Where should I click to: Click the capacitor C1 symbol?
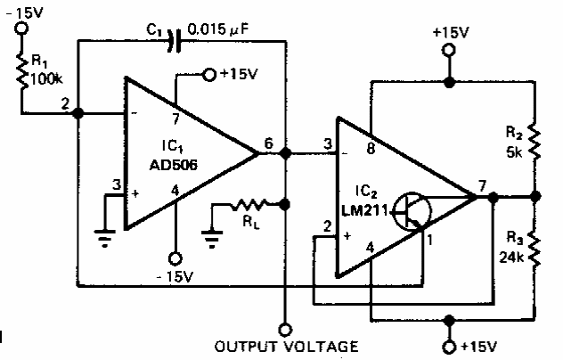(x=174, y=41)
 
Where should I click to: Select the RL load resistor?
(x=249, y=205)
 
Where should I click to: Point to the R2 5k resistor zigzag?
(x=535, y=142)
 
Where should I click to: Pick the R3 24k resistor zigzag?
(x=535, y=249)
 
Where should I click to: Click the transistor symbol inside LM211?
(x=412, y=211)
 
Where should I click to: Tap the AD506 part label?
(x=173, y=165)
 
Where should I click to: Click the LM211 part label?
(x=364, y=210)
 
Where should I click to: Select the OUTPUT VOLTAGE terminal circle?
(x=285, y=330)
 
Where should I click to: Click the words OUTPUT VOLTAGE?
(x=286, y=347)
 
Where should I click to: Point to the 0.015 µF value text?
(x=218, y=29)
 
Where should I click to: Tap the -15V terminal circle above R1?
(x=21, y=28)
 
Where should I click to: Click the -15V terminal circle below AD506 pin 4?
(x=175, y=258)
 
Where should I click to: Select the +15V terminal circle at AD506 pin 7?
(x=209, y=75)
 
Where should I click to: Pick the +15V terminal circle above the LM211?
(x=449, y=50)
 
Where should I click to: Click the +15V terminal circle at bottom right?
(x=449, y=347)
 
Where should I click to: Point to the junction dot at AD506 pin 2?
(x=78, y=113)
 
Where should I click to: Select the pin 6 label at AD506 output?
(x=268, y=143)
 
